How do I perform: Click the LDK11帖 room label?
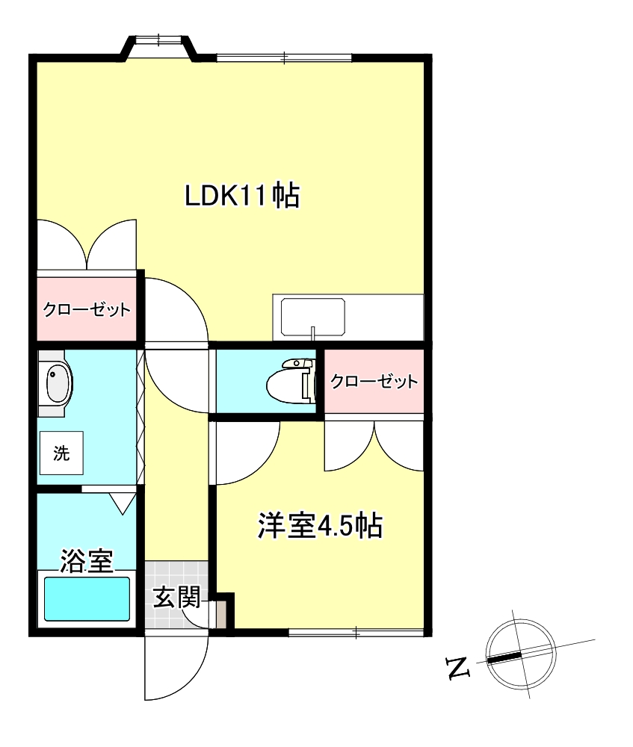[242, 196]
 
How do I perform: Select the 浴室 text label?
[87, 560]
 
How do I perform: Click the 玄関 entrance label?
[176, 598]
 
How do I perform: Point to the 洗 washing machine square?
[61, 453]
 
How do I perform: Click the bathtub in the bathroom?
[87, 599]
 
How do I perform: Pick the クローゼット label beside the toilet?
[374, 382]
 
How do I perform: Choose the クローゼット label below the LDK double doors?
[87, 309]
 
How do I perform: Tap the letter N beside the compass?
[457, 667]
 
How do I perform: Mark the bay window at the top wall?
[158, 46]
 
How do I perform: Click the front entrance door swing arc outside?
[175, 669]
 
